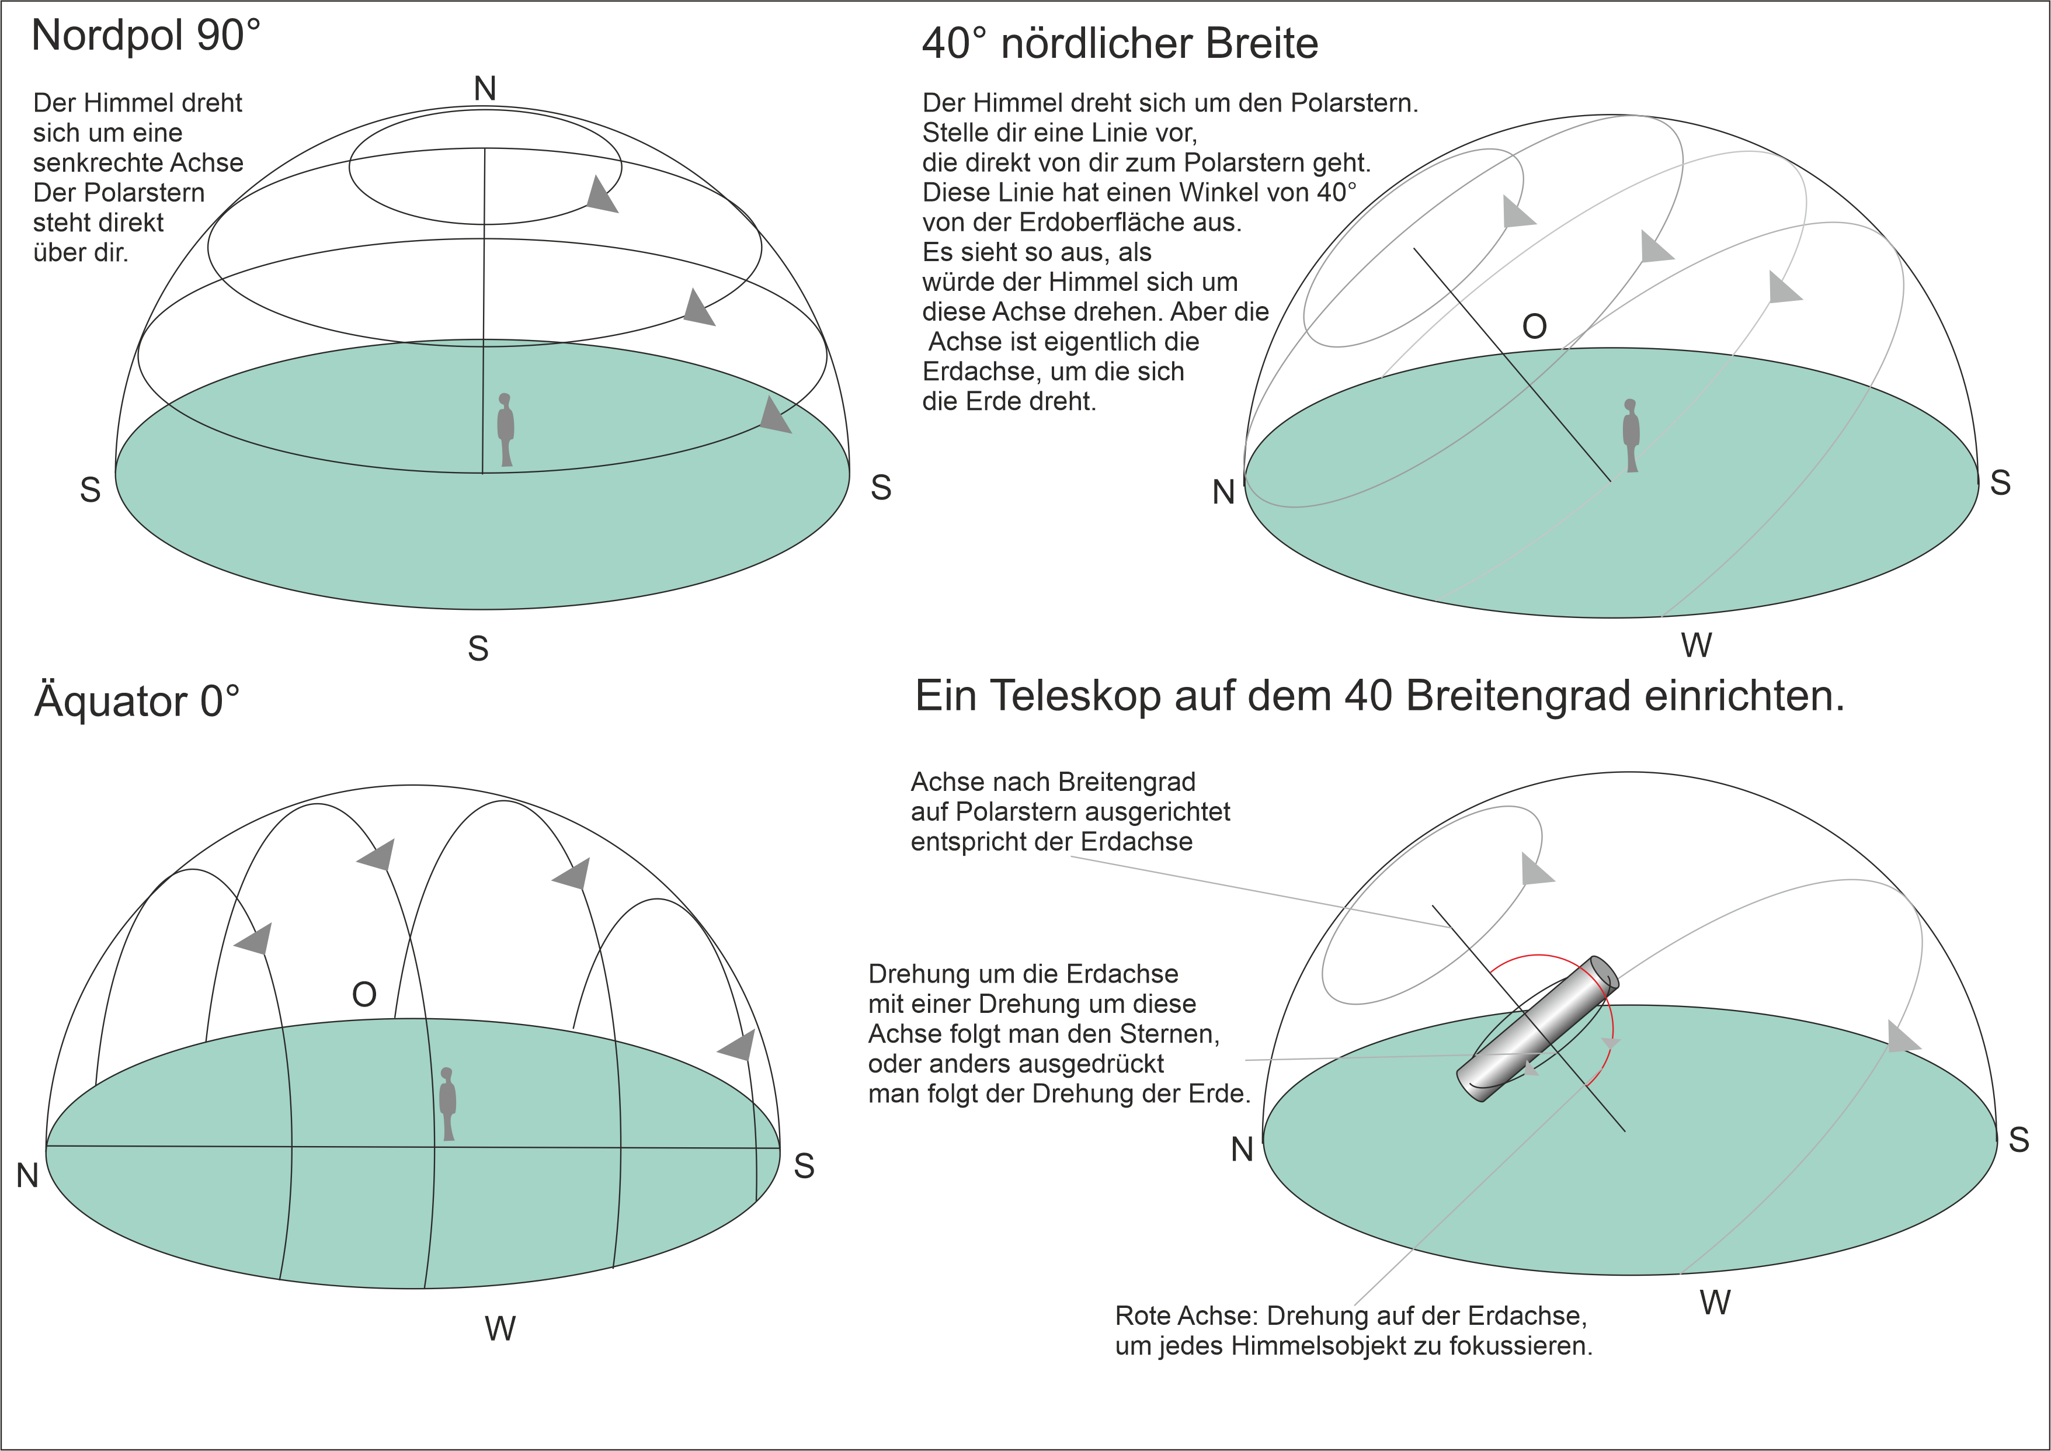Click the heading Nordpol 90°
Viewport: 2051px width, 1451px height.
click(x=145, y=36)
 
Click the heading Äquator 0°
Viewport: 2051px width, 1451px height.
click(x=137, y=702)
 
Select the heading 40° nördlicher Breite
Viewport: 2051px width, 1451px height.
click(x=1120, y=43)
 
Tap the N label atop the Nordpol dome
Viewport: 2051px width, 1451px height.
click(x=485, y=88)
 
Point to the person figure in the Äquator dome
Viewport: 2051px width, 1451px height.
click(x=447, y=1103)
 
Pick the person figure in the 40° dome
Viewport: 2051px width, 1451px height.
click(x=1631, y=435)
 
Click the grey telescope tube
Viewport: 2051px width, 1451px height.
click(x=1537, y=1029)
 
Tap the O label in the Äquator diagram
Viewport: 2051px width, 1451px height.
click(x=364, y=994)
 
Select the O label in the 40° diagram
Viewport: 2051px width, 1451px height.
click(x=1535, y=327)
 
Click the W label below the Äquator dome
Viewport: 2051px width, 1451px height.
click(x=500, y=1328)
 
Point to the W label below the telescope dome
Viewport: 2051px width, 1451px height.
click(x=1715, y=1302)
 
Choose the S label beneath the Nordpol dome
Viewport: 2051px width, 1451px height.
click(x=478, y=648)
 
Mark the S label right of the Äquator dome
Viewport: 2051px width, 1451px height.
click(x=804, y=1166)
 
